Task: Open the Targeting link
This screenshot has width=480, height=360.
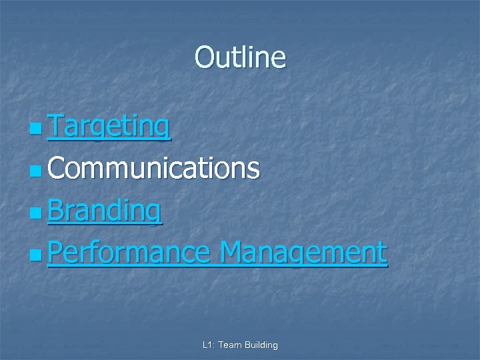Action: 109,126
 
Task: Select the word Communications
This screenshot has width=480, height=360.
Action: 153,168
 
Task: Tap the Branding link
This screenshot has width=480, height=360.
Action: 105,211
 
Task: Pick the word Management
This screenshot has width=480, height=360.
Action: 303,253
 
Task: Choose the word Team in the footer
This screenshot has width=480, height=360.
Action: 231,345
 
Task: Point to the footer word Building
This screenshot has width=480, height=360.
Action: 261,345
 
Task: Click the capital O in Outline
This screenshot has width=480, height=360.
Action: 203,57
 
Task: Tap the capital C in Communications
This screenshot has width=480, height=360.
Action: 57,168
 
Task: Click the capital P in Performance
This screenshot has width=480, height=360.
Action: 56,252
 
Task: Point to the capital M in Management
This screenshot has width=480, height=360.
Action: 231,252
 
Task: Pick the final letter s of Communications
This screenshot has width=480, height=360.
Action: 253,170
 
